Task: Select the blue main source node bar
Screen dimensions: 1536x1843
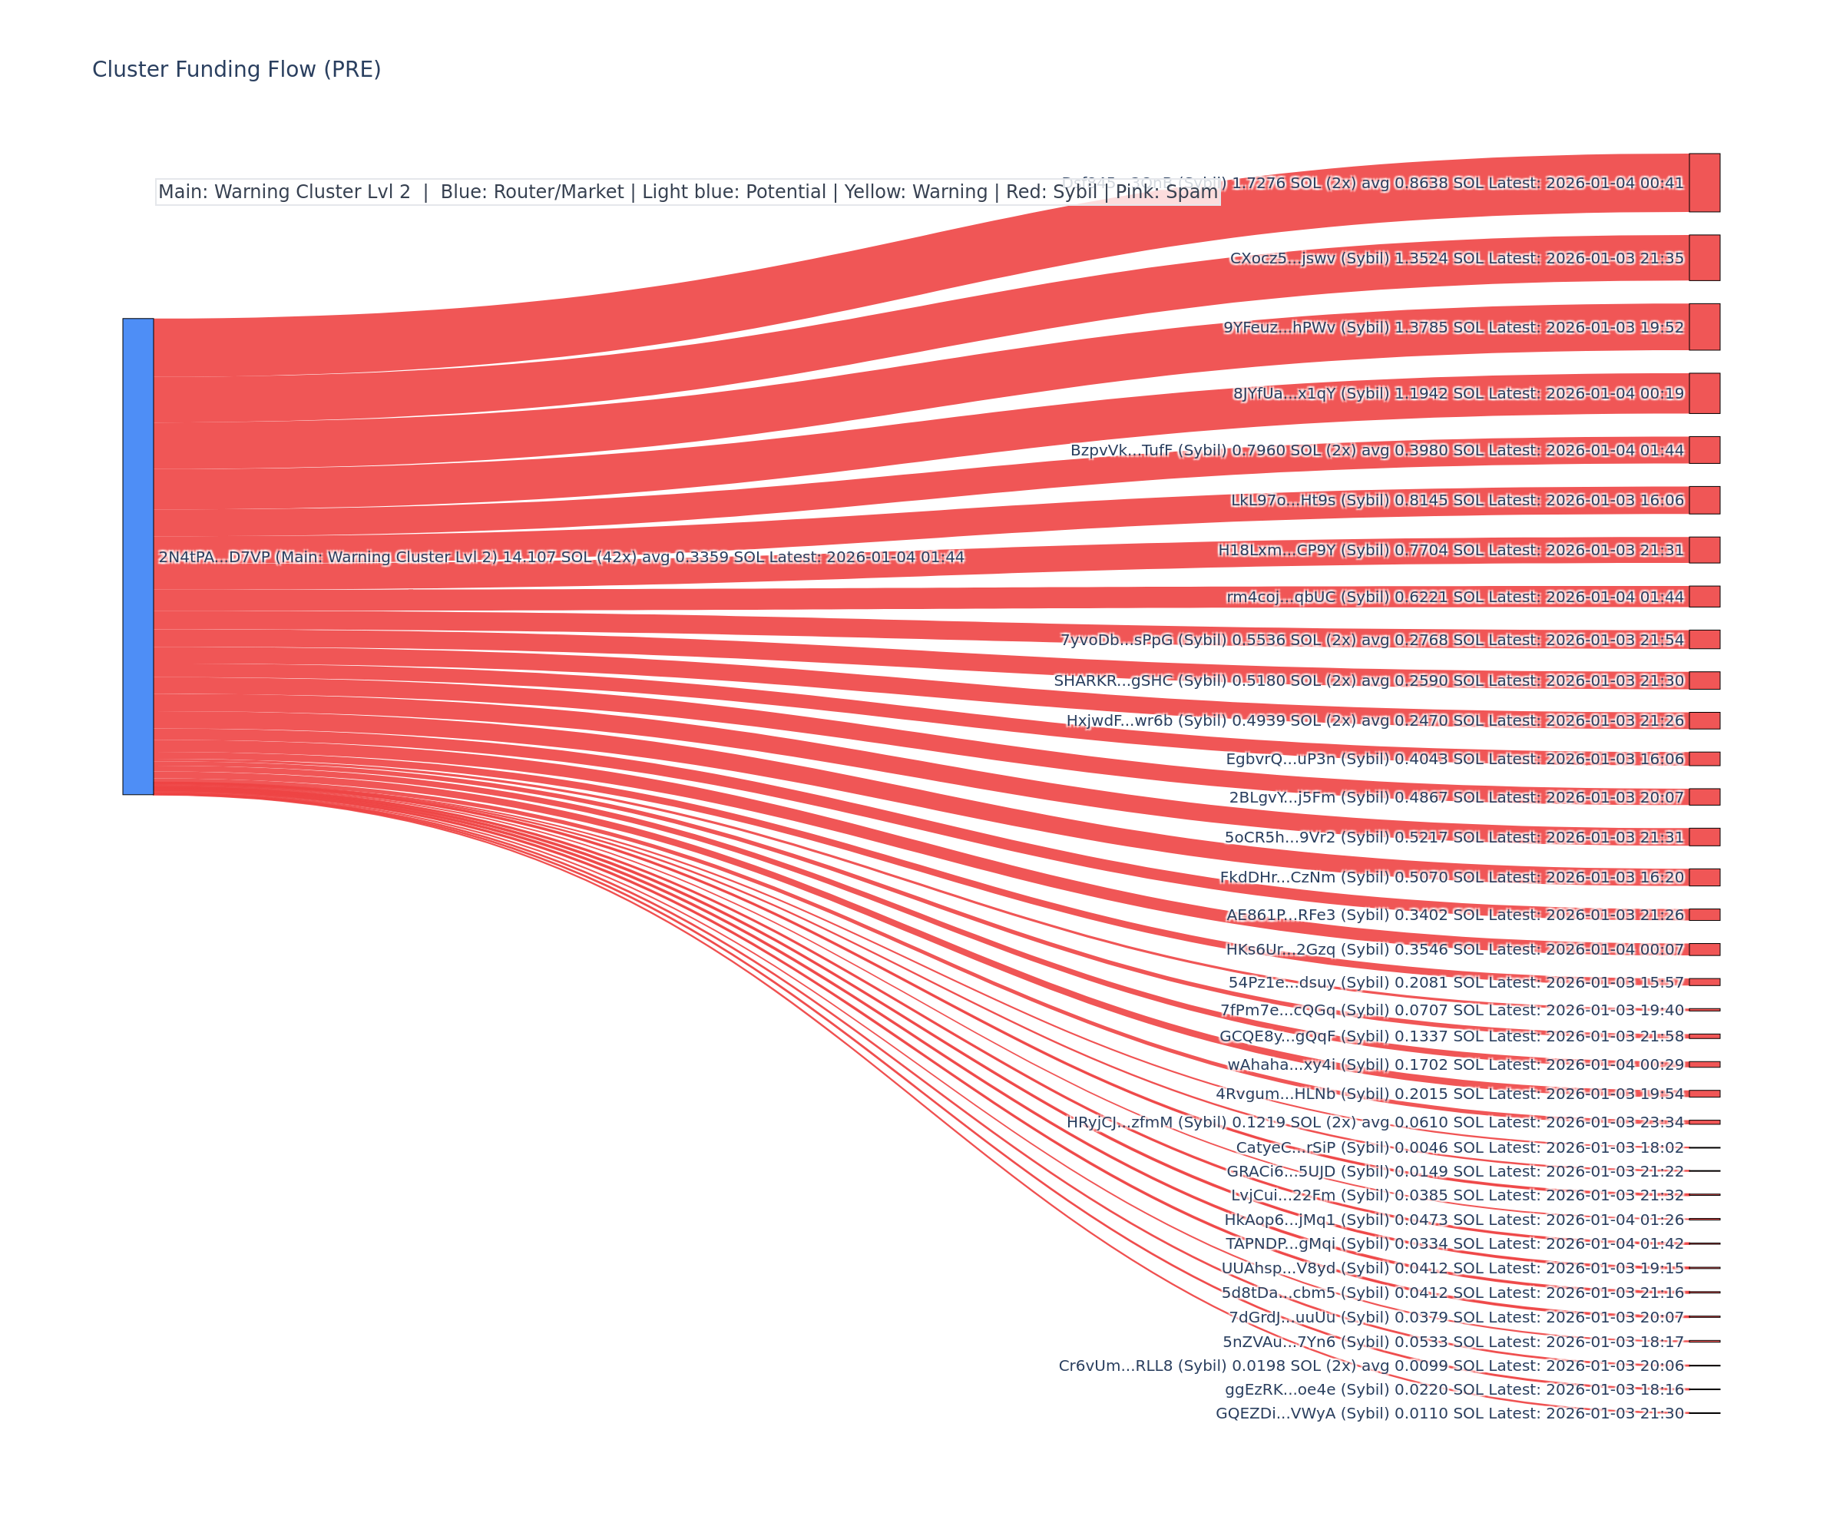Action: pos(137,557)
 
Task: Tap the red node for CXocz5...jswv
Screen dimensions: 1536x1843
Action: pos(1704,258)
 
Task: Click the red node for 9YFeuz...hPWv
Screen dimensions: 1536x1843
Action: pos(1704,326)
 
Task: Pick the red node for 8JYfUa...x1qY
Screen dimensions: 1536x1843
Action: pos(1704,393)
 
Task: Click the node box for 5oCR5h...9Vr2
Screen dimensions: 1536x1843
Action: pos(1704,836)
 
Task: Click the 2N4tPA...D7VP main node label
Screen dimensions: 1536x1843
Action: pos(561,558)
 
